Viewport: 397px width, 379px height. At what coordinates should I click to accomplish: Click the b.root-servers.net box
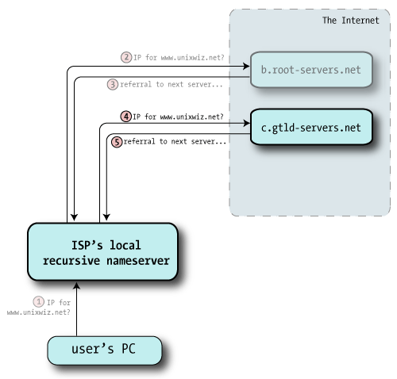coord(312,70)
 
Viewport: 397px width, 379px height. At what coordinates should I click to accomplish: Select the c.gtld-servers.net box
coord(312,126)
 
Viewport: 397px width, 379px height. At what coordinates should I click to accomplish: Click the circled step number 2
coord(125,57)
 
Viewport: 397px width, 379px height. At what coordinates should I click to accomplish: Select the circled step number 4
coord(125,116)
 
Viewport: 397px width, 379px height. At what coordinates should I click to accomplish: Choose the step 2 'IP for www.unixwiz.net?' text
coord(179,57)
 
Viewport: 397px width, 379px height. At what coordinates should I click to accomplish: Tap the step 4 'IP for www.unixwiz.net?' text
coord(179,116)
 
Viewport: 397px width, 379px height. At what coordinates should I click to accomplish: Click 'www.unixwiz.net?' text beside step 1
coord(38,312)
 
